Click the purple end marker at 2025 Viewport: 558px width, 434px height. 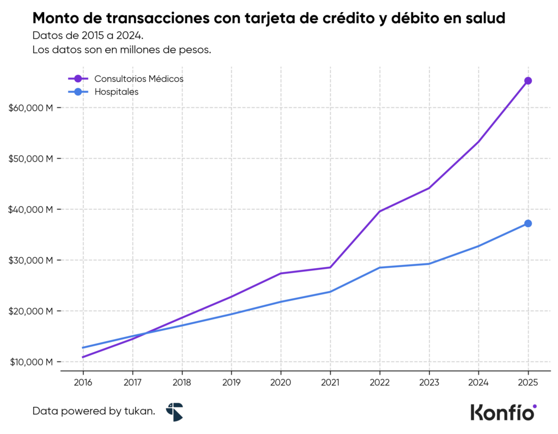[x=527, y=81]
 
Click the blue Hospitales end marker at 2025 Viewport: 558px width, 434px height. [x=527, y=224]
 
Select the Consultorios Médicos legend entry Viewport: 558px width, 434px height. [x=138, y=79]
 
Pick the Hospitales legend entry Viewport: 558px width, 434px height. [x=116, y=92]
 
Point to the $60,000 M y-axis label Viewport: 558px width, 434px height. [x=31, y=108]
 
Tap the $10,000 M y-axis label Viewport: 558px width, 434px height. [x=31, y=362]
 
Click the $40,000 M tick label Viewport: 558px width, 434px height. [x=31, y=209]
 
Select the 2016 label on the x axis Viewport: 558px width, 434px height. [x=83, y=382]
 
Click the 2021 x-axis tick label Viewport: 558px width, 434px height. [x=330, y=382]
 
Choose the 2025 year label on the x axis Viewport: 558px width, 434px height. [x=527, y=382]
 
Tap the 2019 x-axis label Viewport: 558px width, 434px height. [x=231, y=382]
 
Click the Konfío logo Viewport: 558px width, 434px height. [x=503, y=412]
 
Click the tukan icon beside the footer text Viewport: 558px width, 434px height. [x=174, y=412]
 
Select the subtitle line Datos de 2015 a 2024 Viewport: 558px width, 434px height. [x=87, y=36]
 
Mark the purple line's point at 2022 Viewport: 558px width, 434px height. [x=379, y=211]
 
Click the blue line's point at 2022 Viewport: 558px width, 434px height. [x=379, y=268]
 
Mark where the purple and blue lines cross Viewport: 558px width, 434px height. [x=144, y=334]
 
